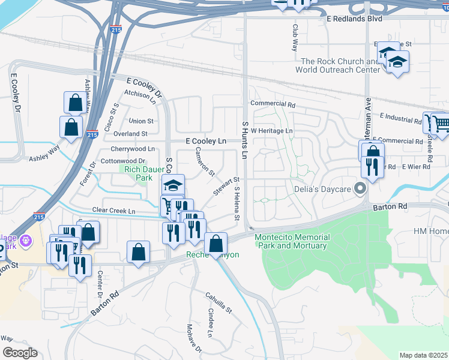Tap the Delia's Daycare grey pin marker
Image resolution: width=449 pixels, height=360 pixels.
click(x=360, y=189)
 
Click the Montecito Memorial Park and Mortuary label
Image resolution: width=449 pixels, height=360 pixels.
click(x=291, y=241)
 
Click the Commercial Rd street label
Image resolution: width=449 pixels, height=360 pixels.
click(x=273, y=104)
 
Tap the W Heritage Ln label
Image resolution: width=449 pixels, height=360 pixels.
click(x=271, y=130)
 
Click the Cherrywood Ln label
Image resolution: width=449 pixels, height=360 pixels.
click(x=133, y=148)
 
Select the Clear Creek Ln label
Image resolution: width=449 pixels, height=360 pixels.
click(x=113, y=211)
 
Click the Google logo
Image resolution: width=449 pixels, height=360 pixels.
click(x=19, y=353)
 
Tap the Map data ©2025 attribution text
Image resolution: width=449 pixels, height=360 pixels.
click(x=423, y=355)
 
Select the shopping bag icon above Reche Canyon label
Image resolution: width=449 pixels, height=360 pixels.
click(x=215, y=243)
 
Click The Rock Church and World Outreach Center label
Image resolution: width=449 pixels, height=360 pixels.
click(x=340, y=65)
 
